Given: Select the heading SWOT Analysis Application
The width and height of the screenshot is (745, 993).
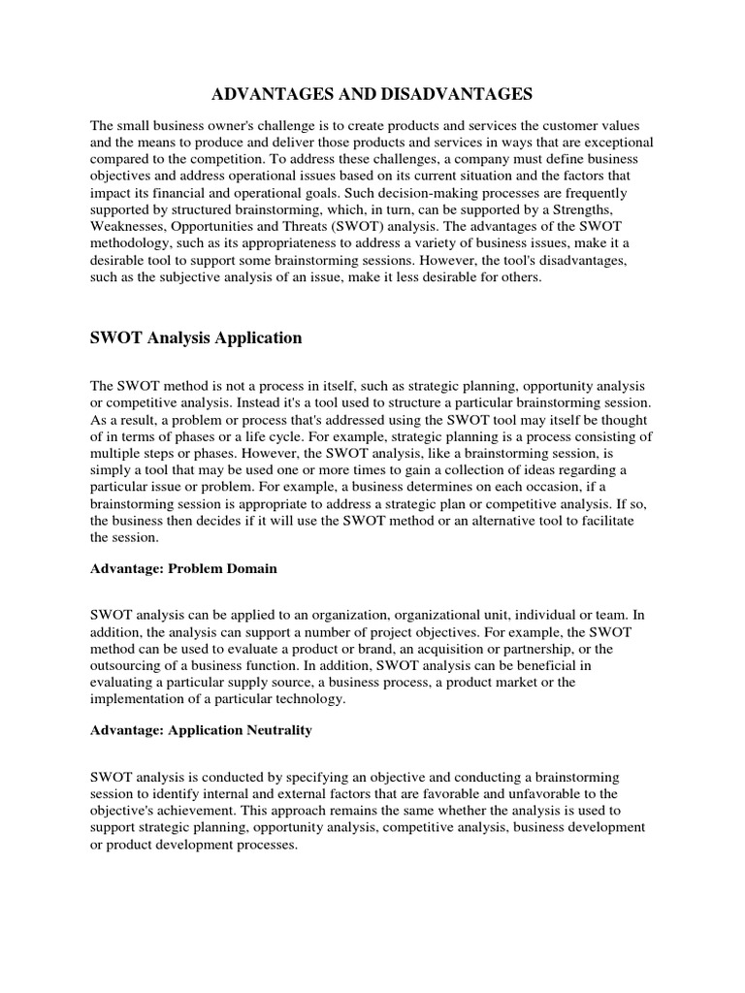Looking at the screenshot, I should pos(196,338).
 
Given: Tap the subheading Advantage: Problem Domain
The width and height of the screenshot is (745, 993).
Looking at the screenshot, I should pos(183,568).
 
